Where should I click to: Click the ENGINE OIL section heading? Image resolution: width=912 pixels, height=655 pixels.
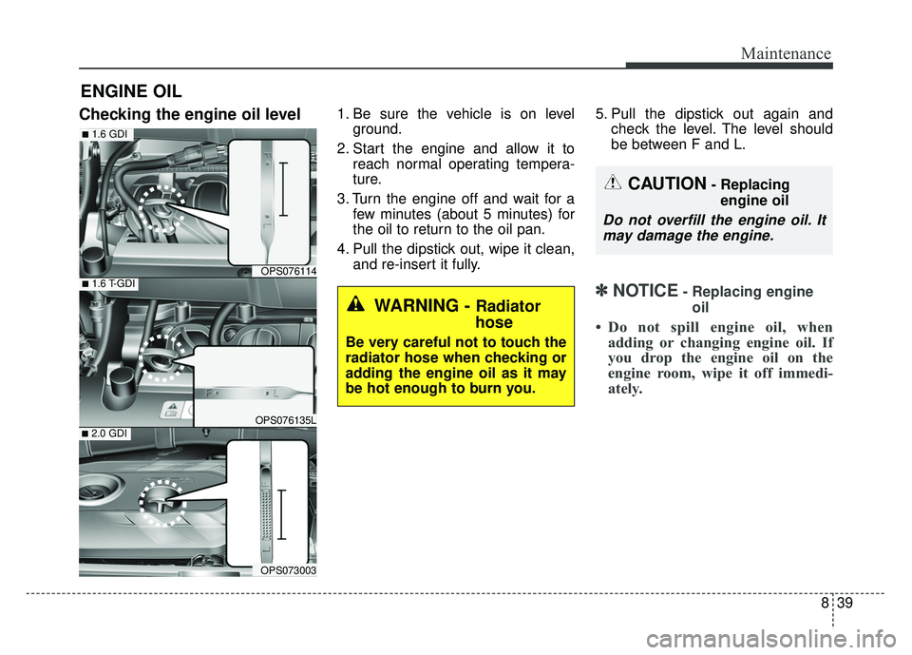coord(131,91)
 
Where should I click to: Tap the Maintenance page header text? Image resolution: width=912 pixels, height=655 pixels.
coord(786,53)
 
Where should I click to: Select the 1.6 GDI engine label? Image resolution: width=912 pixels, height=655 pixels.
coord(104,134)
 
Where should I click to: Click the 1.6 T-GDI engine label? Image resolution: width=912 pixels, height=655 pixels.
coord(108,284)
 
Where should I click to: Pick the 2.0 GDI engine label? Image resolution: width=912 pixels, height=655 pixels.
coord(104,433)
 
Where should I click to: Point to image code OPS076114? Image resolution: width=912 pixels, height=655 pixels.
coord(288,271)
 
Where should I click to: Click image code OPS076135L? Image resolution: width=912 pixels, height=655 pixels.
coord(286,420)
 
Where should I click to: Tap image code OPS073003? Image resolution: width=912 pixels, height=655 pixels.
coord(288,570)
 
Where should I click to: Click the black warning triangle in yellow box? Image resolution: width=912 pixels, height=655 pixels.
coord(355,304)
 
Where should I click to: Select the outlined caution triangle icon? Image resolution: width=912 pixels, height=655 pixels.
coord(613,183)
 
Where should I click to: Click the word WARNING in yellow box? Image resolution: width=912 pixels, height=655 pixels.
coord(416,305)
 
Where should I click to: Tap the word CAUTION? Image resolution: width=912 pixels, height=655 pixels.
coord(667,184)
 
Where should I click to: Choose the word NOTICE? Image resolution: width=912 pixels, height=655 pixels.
coord(645,291)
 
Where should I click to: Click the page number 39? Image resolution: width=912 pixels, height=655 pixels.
coord(845,603)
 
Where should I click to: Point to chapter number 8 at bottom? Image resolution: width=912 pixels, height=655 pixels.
coord(825,603)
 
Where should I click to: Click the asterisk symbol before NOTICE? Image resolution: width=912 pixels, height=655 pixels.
coord(602,291)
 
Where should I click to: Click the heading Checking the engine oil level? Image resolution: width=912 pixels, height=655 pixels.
coord(190,114)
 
